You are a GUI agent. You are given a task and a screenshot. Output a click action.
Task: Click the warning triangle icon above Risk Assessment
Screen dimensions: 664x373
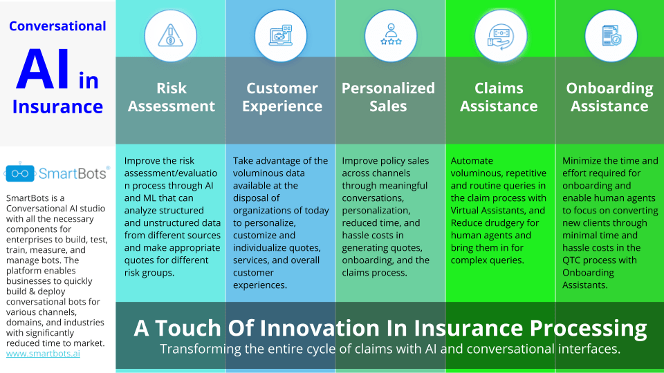click(x=170, y=36)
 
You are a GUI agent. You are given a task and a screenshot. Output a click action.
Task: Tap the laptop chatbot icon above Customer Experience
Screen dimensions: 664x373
click(x=281, y=35)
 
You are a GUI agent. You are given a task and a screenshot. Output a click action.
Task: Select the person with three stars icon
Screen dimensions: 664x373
click(x=391, y=35)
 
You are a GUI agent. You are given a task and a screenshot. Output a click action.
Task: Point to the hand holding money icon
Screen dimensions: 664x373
click(x=501, y=37)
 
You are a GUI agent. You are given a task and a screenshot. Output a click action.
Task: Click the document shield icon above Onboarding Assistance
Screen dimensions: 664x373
click(x=611, y=35)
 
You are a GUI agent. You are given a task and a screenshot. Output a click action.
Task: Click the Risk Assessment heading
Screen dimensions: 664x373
click(x=172, y=97)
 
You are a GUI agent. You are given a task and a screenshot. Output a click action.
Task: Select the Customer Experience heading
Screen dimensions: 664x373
click(x=282, y=97)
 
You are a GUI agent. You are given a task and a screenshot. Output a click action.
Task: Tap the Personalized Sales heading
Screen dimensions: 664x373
click(x=388, y=97)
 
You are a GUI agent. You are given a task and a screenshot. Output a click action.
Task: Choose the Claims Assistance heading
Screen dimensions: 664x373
click(x=499, y=97)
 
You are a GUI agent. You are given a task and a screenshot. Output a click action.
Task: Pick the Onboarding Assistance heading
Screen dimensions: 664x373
click(x=610, y=97)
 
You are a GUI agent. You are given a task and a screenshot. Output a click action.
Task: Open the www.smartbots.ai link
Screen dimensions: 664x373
click(x=43, y=354)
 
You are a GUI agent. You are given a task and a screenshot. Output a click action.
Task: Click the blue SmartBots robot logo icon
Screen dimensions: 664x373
click(x=19, y=172)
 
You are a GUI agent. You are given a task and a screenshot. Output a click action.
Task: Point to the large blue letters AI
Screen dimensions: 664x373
click(x=43, y=69)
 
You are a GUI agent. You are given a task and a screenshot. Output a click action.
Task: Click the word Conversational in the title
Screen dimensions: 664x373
click(x=57, y=26)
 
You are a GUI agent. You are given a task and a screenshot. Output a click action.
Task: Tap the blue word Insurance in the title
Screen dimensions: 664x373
click(x=57, y=106)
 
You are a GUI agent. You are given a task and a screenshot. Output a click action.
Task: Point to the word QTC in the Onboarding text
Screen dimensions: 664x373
click(x=573, y=260)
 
